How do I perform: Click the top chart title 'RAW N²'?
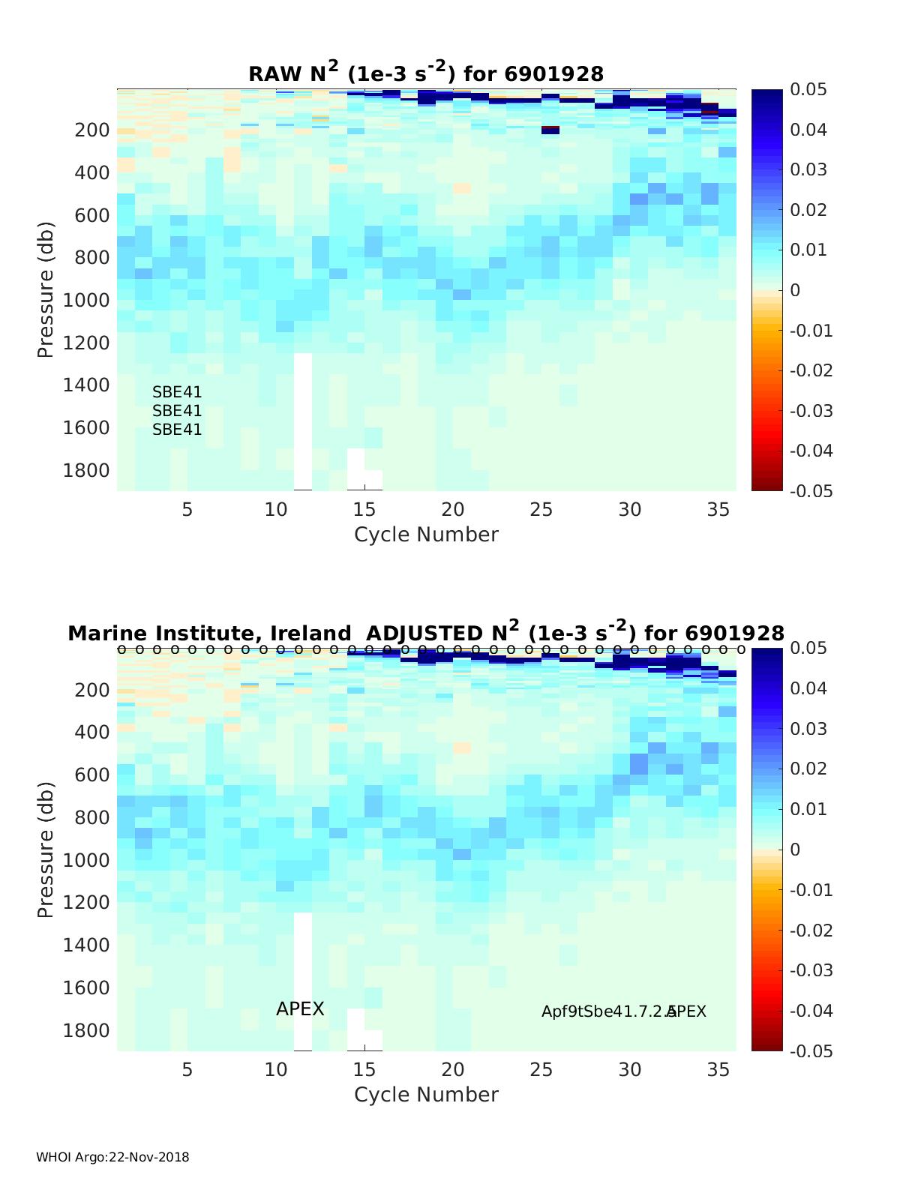[x=426, y=73]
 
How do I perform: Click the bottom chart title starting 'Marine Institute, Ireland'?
[x=426, y=633]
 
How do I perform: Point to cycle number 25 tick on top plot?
[x=541, y=510]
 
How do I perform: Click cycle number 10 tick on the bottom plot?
[x=276, y=1070]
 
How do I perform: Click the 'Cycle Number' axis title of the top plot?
[x=426, y=535]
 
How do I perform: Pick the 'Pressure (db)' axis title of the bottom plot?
[x=46, y=850]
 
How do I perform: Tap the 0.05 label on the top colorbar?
[x=808, y=90]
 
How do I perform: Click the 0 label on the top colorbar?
[x=795, y=290]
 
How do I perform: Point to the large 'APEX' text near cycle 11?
[x=300, y=1009]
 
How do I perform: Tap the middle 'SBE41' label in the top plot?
[x=177, y=411]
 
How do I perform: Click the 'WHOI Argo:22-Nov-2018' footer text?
[x=112, y=1157]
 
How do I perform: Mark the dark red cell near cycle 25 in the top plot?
[x=550, y=129]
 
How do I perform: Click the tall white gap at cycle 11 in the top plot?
[x=303, y=420]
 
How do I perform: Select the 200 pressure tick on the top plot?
[x=92, y=130]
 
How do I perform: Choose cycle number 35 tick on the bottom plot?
[x=718, y=1070]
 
